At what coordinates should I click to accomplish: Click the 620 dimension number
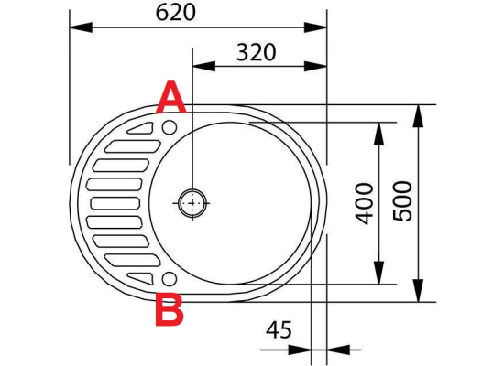[x=176, y=13]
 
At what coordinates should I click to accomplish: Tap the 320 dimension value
[x=257, y=52]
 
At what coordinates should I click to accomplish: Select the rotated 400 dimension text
[x=365, y=203]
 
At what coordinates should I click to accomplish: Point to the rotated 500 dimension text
[x=402, y=201]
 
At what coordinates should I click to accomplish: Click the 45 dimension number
[x=279, y=329]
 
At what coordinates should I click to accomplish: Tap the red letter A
[x=171, y=97]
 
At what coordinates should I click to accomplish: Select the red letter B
[x=170, y=309]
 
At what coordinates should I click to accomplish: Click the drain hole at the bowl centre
[x=192, y=203]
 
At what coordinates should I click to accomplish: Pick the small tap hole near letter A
[x=170, y=127]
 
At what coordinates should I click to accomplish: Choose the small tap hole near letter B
[x=170, y=279]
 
